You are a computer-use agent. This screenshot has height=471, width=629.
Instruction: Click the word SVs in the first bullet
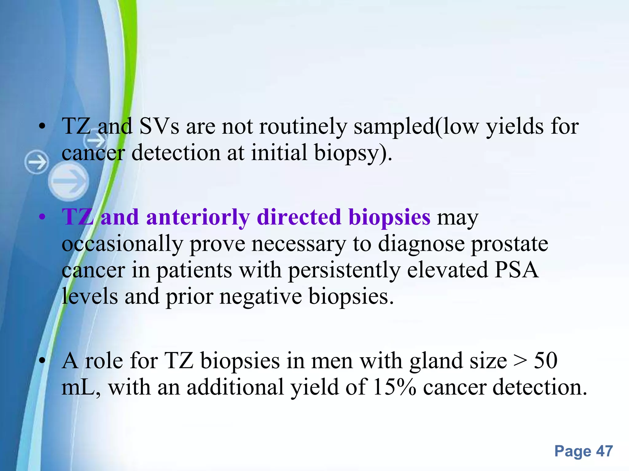[x=159, y=126]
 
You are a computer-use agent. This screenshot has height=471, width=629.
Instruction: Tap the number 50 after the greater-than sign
[x=545, y=361]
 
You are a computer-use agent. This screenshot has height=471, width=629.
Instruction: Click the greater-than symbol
[x=520, y=361]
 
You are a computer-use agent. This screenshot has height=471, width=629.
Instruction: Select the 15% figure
[x=395, y=387]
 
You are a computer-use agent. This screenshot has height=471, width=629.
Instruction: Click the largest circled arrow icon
[x=68, y=181]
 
